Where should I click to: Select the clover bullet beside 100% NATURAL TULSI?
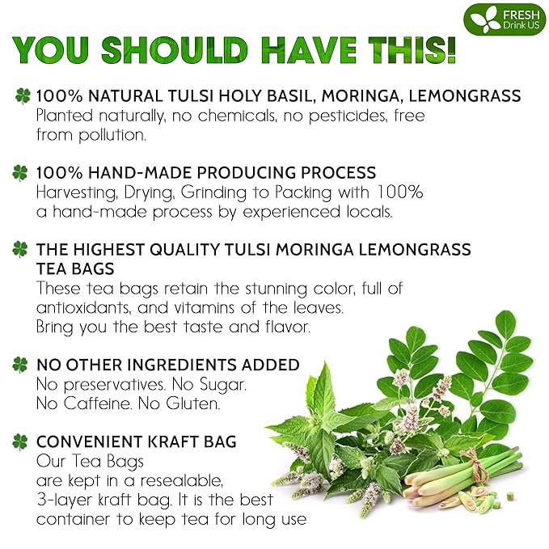[21, 96]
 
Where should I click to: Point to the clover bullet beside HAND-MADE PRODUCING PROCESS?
[21, 173]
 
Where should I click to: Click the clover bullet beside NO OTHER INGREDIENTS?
[21, 365]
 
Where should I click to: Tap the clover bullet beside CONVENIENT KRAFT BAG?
[21, 442]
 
